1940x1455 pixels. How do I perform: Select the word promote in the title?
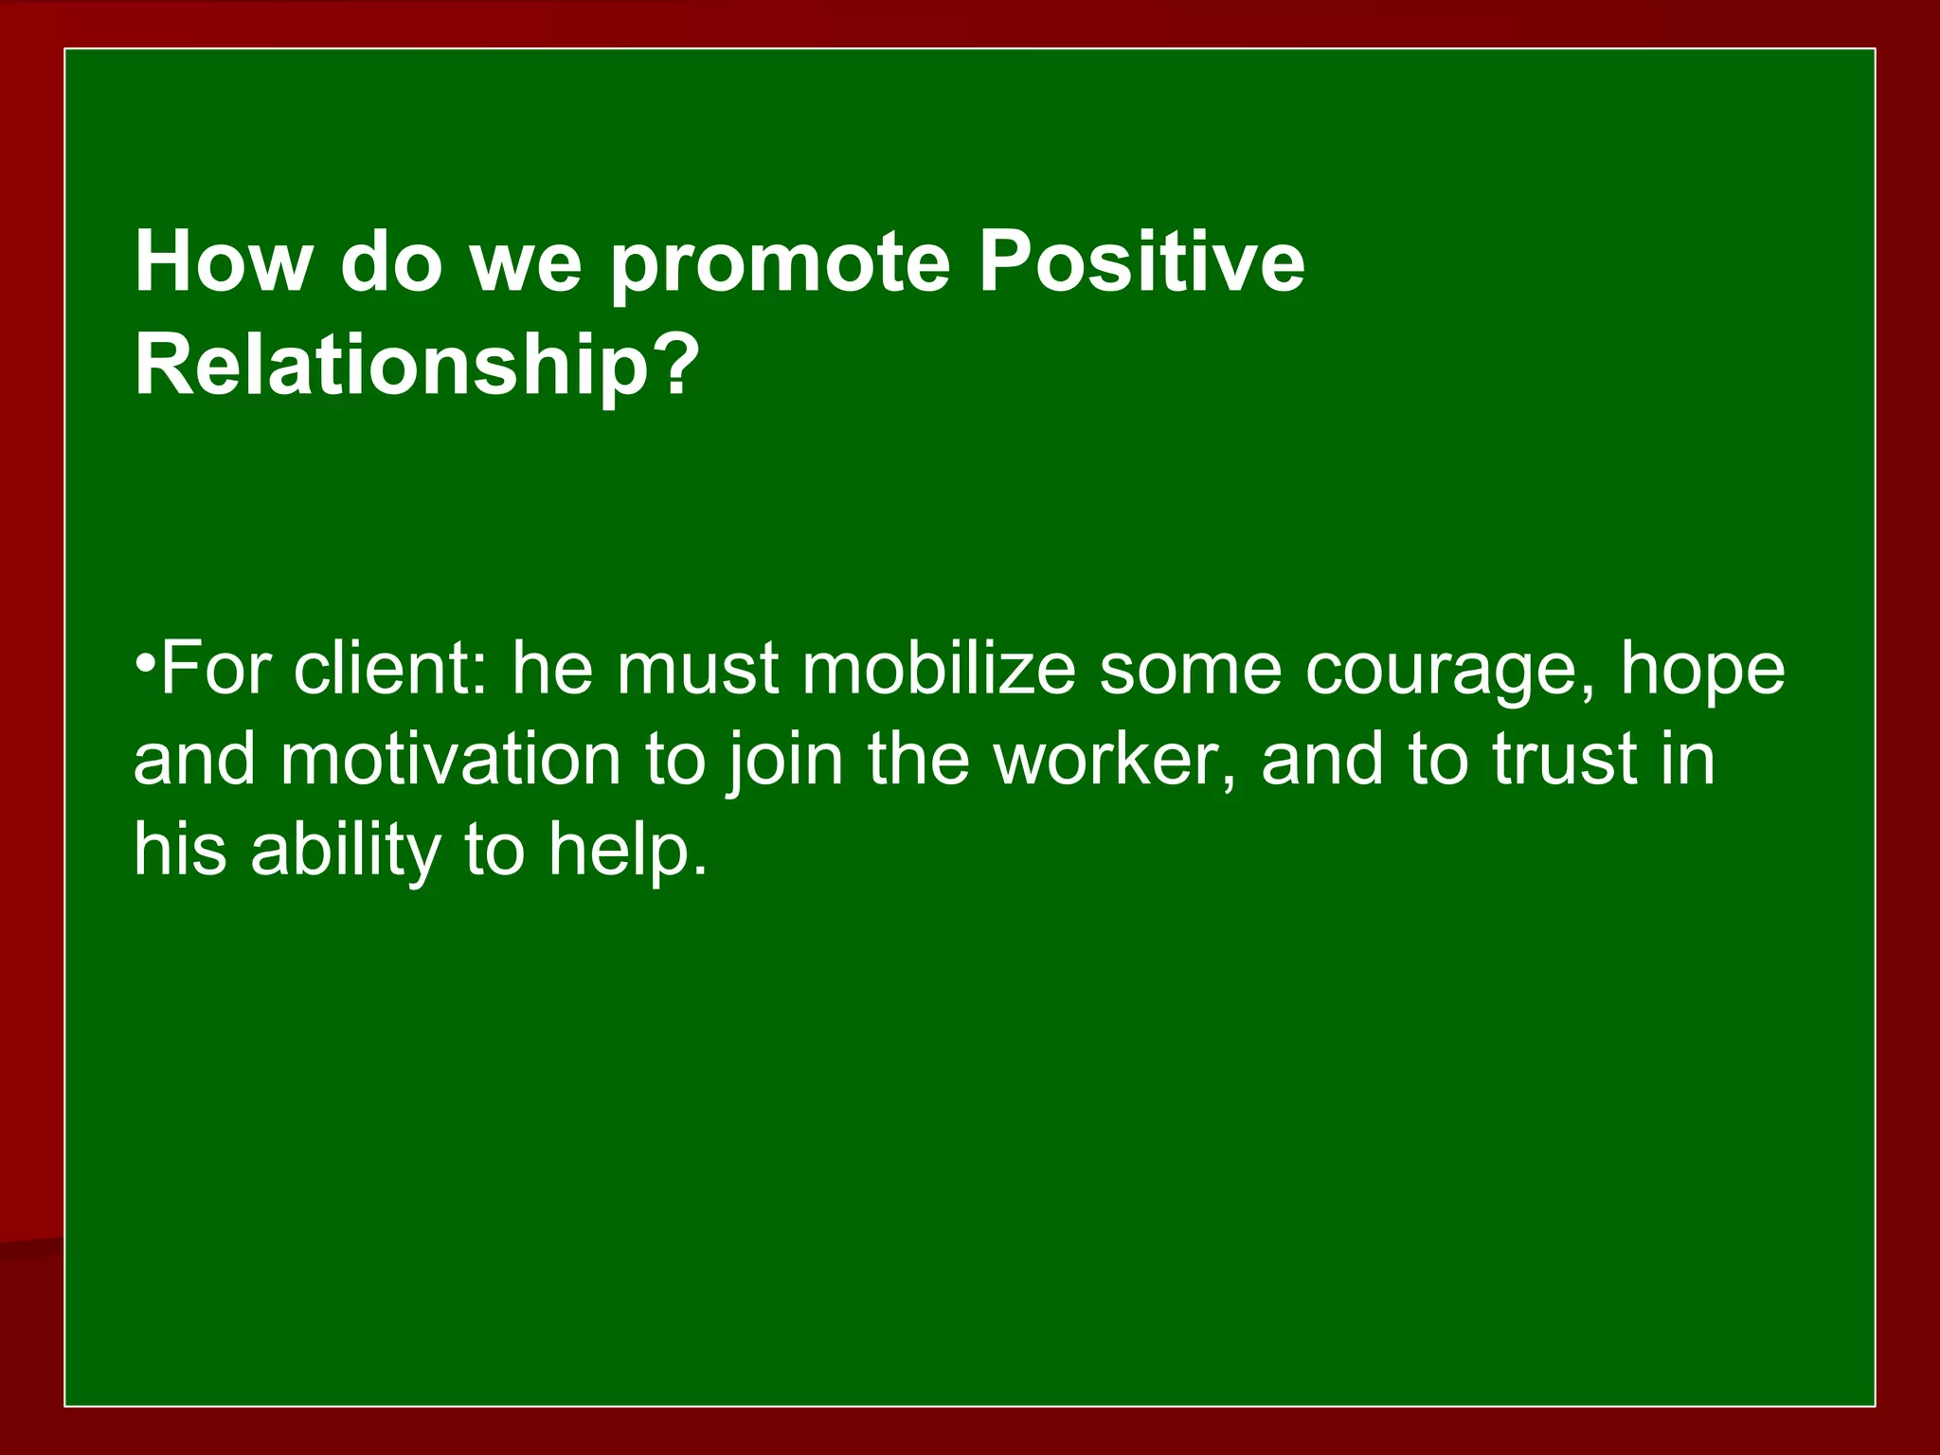point(780,263)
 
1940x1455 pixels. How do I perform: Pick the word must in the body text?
point(698,668)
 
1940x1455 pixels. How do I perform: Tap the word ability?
point(345,852)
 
